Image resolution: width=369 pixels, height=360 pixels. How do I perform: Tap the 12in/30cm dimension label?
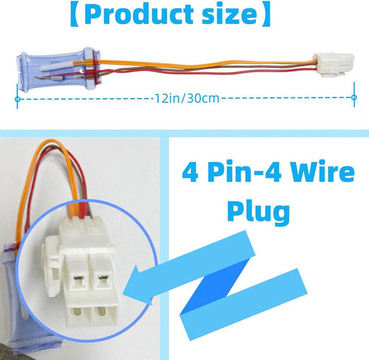(x=187, y=98)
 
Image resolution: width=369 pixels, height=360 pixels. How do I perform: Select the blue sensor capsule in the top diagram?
(x=58, y=69)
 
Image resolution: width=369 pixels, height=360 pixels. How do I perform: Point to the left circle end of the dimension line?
(x=17, y=99)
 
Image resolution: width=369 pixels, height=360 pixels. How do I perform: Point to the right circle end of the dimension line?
(x=354, y=97)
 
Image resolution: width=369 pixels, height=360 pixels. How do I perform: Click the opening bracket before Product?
(x=75, y=14)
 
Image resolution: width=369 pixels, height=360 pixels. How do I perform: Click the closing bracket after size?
(x=266, y=14)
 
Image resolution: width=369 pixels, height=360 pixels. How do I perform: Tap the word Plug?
(x=258, y=212)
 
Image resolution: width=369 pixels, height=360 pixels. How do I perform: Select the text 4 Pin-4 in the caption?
(x=231, y=172)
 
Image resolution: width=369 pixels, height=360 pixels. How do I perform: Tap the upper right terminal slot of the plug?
(x=102, y=278)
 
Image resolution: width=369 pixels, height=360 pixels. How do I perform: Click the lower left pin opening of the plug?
(x=78, y=313)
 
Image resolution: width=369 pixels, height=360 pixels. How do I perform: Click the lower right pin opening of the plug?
(x=101, y=312)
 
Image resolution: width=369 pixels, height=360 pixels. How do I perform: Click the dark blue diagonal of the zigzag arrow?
(x=216, y=286)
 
